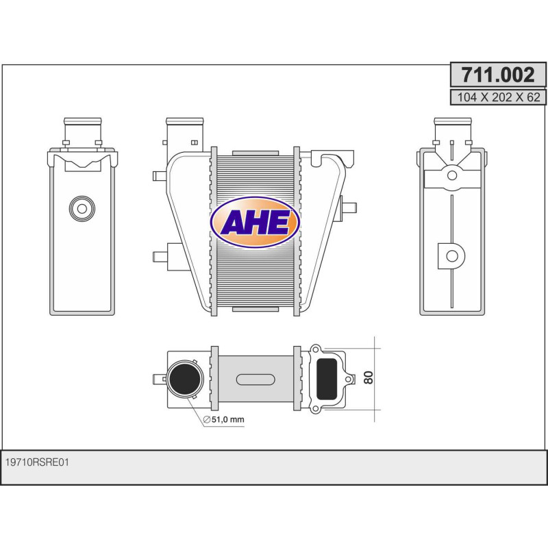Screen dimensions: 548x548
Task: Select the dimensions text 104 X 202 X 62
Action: (x=497, y=97)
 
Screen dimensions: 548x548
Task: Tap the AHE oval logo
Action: (x=255, y=222)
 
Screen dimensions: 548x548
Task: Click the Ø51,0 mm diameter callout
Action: (x=223, y=420)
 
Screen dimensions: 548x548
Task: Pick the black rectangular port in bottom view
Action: (x=327, y=379)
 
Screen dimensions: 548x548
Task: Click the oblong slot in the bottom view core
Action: (x=255, y=379)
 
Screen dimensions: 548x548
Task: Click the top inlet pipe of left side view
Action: (x=82, y=129)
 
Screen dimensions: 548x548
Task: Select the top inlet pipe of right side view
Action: (x=453, y=129)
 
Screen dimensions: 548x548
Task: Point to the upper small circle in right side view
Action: (x=452, y=176)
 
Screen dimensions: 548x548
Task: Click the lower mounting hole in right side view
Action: (x=452, y=256)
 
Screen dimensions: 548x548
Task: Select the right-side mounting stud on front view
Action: (x=349, y=208)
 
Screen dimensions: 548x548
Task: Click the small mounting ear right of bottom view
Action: (x=351, y=378)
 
